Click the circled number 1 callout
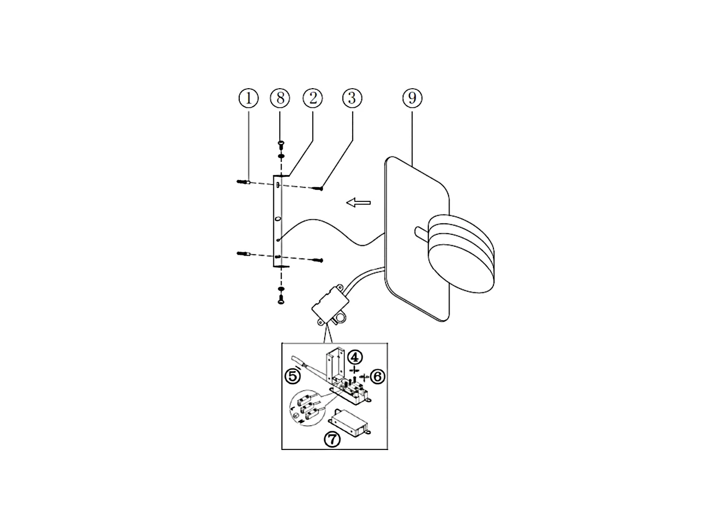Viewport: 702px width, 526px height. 248,98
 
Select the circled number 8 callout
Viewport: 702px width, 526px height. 280,98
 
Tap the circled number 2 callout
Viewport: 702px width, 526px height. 313,98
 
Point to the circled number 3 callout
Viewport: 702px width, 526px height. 352,98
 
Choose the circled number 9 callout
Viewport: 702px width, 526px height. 412,98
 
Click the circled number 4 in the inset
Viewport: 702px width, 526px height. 355,357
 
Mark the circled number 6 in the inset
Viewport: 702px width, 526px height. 378,376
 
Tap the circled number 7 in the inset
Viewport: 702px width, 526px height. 332,438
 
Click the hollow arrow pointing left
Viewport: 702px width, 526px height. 359,203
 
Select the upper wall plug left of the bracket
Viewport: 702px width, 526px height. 244,182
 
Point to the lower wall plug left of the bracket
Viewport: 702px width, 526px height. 244,253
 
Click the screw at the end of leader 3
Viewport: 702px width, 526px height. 318,189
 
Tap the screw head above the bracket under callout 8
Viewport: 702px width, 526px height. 280,143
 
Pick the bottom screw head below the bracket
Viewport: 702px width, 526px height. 280,299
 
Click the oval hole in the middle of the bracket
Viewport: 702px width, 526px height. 278,219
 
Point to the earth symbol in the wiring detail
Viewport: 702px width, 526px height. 296,417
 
